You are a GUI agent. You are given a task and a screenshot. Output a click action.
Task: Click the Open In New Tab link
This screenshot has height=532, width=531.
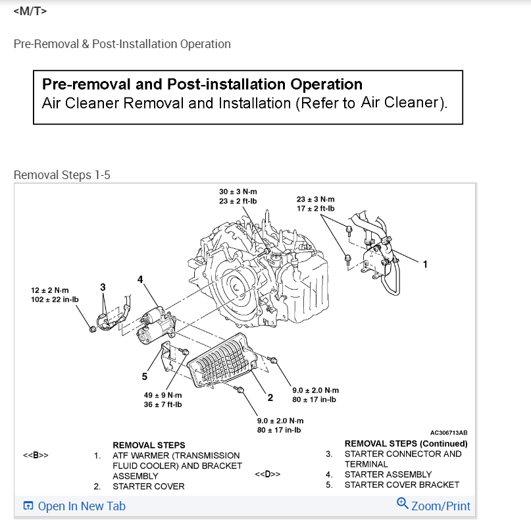pyautogui.click(x=74, y=506)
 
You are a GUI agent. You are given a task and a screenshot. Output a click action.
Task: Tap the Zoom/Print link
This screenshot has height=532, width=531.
pyautogui.click(x=434, y=506)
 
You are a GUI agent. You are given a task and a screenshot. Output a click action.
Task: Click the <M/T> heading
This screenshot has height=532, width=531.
pyautogui.click(x=30, y=11)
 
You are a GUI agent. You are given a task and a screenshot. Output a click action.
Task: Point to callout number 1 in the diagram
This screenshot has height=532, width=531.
pyautogui.click(x=425, y=265)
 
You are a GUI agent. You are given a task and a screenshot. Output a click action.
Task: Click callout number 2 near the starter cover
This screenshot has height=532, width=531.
pyautogui.click(x=270, y=397)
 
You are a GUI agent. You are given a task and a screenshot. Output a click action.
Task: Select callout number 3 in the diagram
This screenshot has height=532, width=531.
pyautogui.click(x=103, y=287)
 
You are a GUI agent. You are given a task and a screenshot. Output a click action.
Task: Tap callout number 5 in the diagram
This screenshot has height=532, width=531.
pyautogui.click(x=145, y=377)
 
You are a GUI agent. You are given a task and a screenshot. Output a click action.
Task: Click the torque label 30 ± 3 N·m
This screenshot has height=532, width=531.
pyautogui.click(x=238, y=192)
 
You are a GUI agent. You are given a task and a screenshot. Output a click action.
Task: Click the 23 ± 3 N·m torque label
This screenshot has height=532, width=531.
pyautogui.click(x=316, y=199)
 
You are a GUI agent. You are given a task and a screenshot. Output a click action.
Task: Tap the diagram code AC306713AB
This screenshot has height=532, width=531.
pyautogui.click(x=449, y=433)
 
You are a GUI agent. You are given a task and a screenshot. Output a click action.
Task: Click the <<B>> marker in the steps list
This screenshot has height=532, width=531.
pyautogui.click(x=36, y=456)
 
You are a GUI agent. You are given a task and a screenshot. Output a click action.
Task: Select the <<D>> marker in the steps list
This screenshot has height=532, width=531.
pyautogui.click(x=267, y=474)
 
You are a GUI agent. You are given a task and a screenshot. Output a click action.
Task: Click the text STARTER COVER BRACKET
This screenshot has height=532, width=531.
pyautogui.click(x=401, y=485)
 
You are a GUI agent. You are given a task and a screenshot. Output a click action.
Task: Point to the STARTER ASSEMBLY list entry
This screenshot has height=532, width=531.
pyautogui.click(x=388, y=474)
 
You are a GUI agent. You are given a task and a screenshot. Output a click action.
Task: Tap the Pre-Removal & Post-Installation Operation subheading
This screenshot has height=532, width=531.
pyautogui.click(x=122, y=44)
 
